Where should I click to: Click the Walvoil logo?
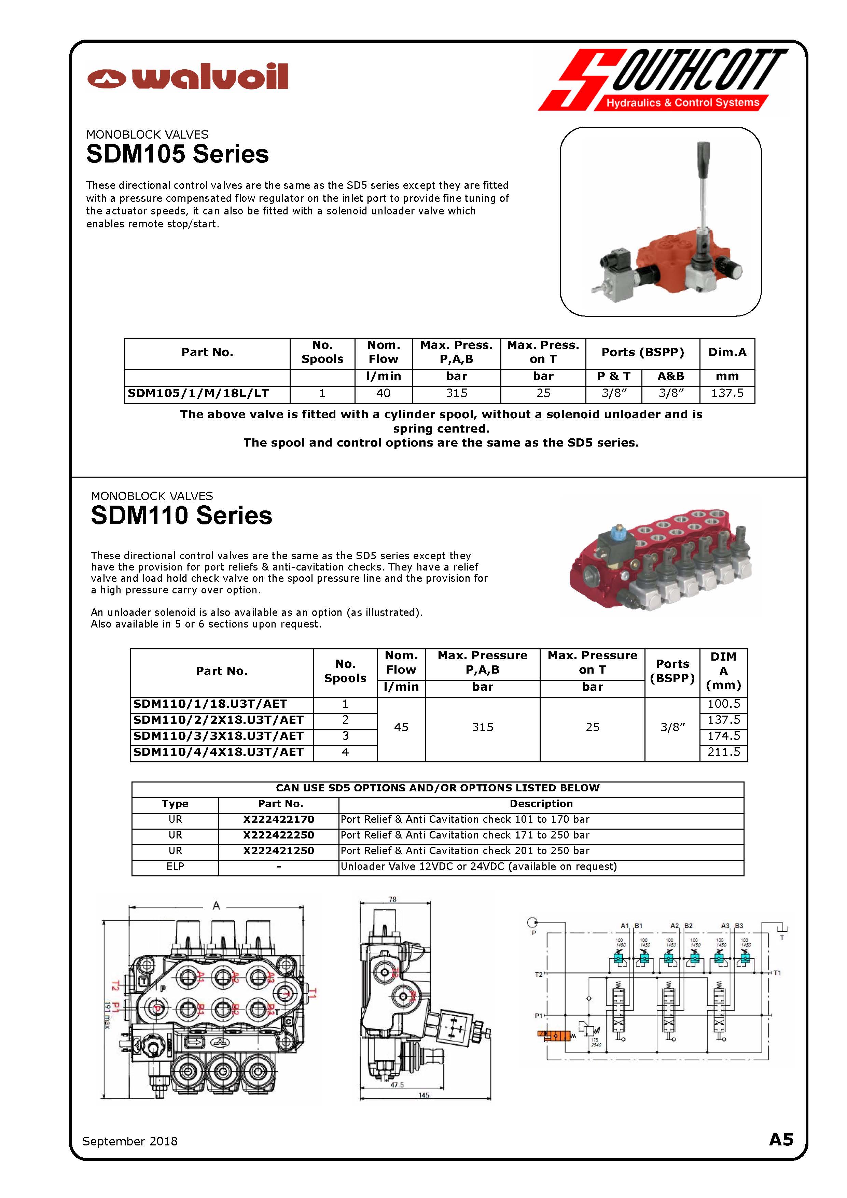click(x=188, y=77)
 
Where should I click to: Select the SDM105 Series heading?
click(x=178, y=154)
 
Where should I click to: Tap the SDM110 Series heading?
click(x=182, y=516)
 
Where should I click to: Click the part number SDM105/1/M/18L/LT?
click(x=198, y=393)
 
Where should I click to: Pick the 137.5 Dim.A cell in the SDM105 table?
click(x=727, y=393)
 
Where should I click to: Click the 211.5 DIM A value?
click(x=723, y=752)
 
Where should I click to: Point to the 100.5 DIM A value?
click(x=723, y=704)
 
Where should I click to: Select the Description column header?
click(x=541, y=804)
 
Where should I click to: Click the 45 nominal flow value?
click(x=401, y=727)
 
